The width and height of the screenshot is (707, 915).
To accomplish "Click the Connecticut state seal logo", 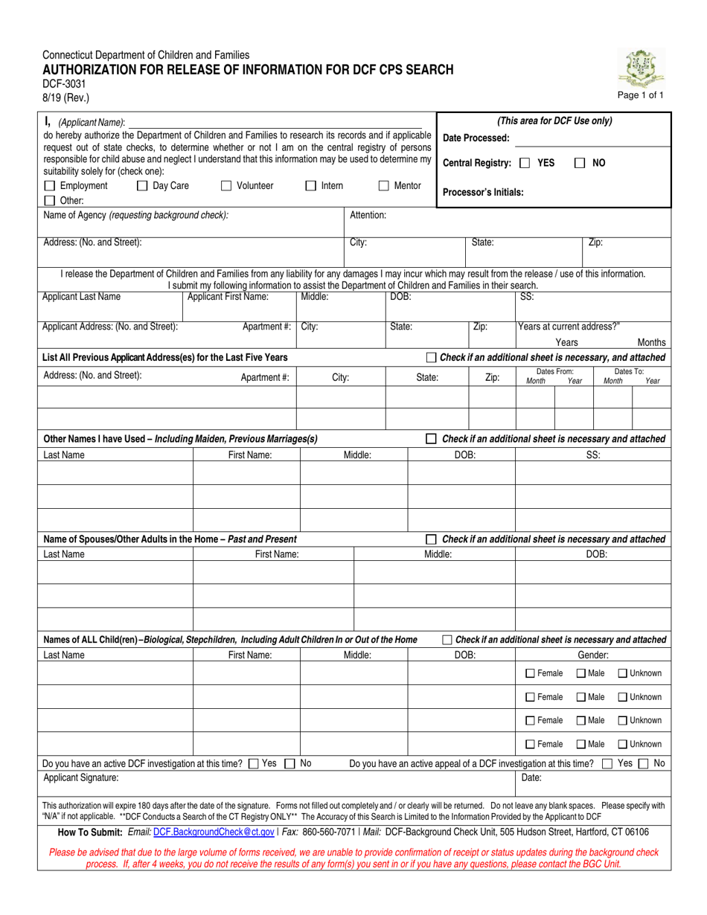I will coord(644,68).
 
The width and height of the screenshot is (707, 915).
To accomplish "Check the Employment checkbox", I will coord(49,186).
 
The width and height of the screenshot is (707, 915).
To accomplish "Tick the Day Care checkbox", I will coord(142,186).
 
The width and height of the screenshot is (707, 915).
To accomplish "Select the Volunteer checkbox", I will coord(226,186).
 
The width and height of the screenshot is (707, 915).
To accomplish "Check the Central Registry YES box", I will coord(525,163).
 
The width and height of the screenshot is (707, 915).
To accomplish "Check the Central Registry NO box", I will coord(580,163).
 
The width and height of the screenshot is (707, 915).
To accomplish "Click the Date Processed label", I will coord(476,138).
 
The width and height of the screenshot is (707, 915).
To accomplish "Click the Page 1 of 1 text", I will coord(641,95).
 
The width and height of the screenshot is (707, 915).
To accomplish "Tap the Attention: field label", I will coord(368,215).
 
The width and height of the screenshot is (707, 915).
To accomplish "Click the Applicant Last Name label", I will coord(81,297).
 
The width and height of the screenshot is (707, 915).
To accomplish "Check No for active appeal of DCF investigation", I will coord(644,763).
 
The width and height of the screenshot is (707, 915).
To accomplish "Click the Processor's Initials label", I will coord(483,192).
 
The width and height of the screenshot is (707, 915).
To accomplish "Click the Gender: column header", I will coord(593,655).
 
